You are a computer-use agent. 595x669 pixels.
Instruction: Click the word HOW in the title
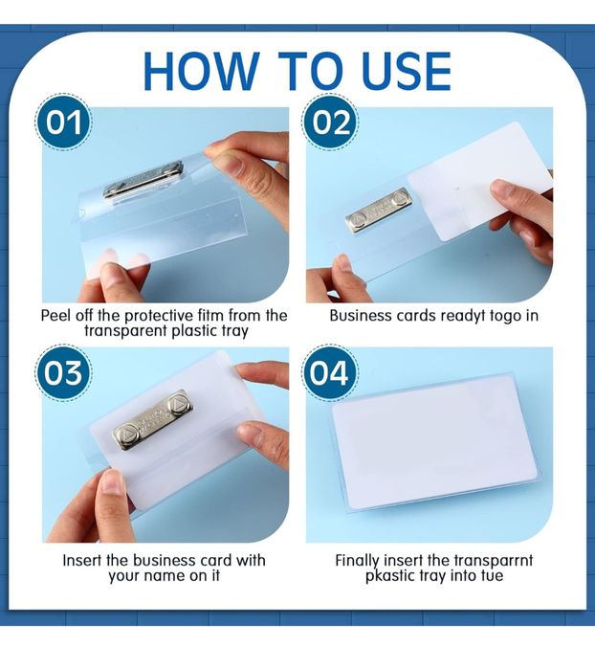click(x=201, y=71)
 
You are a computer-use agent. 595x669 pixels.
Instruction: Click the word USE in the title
click(x=406, y=71)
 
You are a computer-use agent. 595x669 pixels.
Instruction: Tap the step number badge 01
click(x=63, y=123)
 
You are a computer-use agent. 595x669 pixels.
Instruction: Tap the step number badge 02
click(x=331, y=123)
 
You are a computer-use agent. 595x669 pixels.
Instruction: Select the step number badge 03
click(x=63, y=373)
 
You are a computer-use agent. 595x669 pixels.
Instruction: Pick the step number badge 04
click(x=330, y=373)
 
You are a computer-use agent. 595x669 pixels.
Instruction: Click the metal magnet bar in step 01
click(x=143, y=179)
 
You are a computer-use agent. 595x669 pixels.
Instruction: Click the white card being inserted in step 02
click(x=479, y=181)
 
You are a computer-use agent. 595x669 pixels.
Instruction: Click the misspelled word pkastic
click(x=390, y=576)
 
